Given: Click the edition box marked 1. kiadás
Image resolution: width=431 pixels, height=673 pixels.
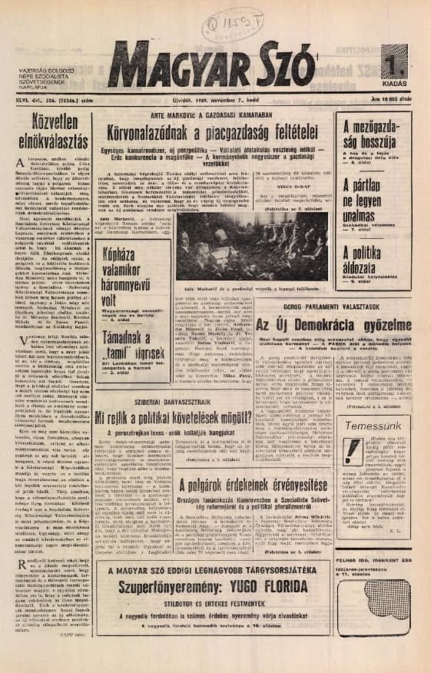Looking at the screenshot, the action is tap(393, 67).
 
